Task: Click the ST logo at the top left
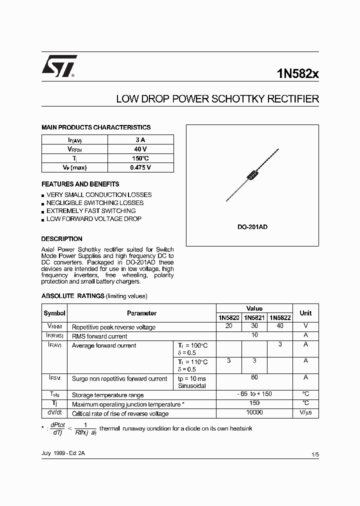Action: (59, 66)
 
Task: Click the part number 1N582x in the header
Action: (297, 73)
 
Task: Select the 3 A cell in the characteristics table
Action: (140, 140)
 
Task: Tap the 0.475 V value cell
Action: (140, 167)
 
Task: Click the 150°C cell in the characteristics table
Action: (140, 158)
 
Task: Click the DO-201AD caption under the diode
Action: (252, 227)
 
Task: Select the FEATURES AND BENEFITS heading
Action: (80, 184)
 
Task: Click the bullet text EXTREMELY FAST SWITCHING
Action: (91, 211)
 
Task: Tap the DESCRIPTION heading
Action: (61, 239)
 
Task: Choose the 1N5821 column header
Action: (254, 317)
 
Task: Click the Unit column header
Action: (305, 313)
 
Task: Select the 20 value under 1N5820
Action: (228, 326)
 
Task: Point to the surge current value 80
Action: (254, 378)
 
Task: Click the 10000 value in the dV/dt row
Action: (254, 412)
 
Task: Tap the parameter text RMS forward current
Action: (99, 336)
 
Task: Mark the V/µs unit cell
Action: (305, 413)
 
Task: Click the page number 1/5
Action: (314, 454)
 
